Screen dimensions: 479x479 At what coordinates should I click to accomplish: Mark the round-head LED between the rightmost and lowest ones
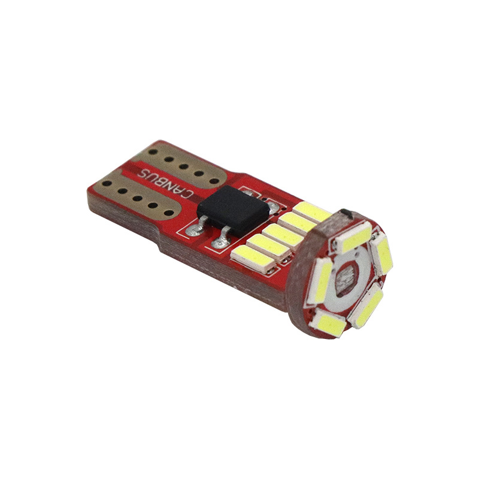367,305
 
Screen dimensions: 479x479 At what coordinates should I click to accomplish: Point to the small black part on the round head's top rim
345,214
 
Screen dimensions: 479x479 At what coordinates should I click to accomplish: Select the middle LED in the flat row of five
282,232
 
